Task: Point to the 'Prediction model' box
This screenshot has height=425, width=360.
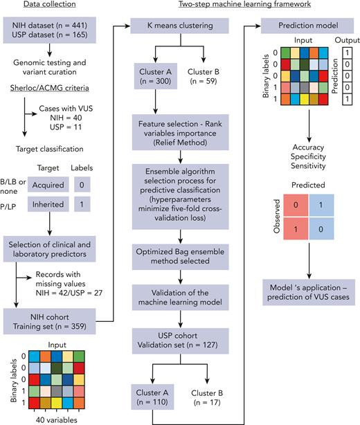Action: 306,27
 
